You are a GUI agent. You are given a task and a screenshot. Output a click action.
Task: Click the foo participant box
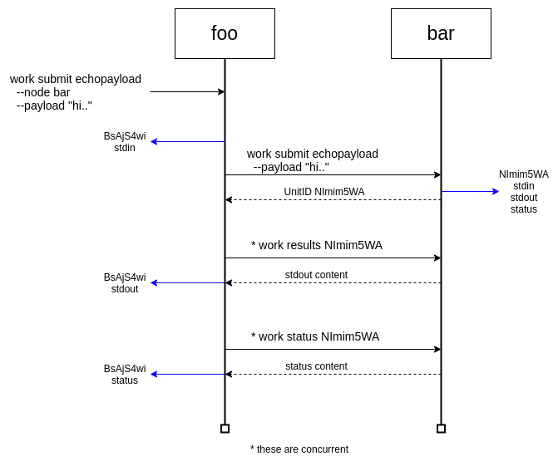point(225,33)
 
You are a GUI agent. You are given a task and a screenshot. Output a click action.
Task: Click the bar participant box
point(441,33)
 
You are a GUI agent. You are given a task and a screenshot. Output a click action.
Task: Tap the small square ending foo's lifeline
point(225,429)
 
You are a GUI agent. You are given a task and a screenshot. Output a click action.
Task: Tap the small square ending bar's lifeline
point(441,429)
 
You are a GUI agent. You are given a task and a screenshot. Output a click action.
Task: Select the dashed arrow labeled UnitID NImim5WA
point(333,199)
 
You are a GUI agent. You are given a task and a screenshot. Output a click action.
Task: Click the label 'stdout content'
point(316,275)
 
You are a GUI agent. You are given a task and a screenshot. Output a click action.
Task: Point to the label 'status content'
point(316,366)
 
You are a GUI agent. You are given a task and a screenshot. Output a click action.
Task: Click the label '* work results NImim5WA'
point(317,245)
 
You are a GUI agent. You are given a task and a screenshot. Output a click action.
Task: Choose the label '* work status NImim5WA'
point(315,336)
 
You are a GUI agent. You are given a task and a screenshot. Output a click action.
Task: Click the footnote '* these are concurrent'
point(299,449)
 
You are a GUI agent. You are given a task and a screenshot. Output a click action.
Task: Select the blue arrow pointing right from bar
point(470,191)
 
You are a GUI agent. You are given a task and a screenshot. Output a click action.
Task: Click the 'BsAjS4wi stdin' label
point(125,142)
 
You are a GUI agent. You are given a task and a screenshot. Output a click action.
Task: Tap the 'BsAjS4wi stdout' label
point(125,283)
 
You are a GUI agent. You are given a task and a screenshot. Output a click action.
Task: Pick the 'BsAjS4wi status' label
point(125,375)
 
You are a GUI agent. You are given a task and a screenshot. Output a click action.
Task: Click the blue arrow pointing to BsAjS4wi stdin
point(187,141)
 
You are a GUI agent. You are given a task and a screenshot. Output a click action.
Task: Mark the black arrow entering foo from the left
point(187,91)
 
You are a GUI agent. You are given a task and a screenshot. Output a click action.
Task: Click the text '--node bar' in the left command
point(43,92)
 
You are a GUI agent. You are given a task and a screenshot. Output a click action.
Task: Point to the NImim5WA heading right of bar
point(524,174)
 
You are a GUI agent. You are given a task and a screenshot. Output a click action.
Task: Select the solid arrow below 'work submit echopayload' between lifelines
point(333,174)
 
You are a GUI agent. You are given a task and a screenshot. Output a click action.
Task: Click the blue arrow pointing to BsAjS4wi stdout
point(187,282)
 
